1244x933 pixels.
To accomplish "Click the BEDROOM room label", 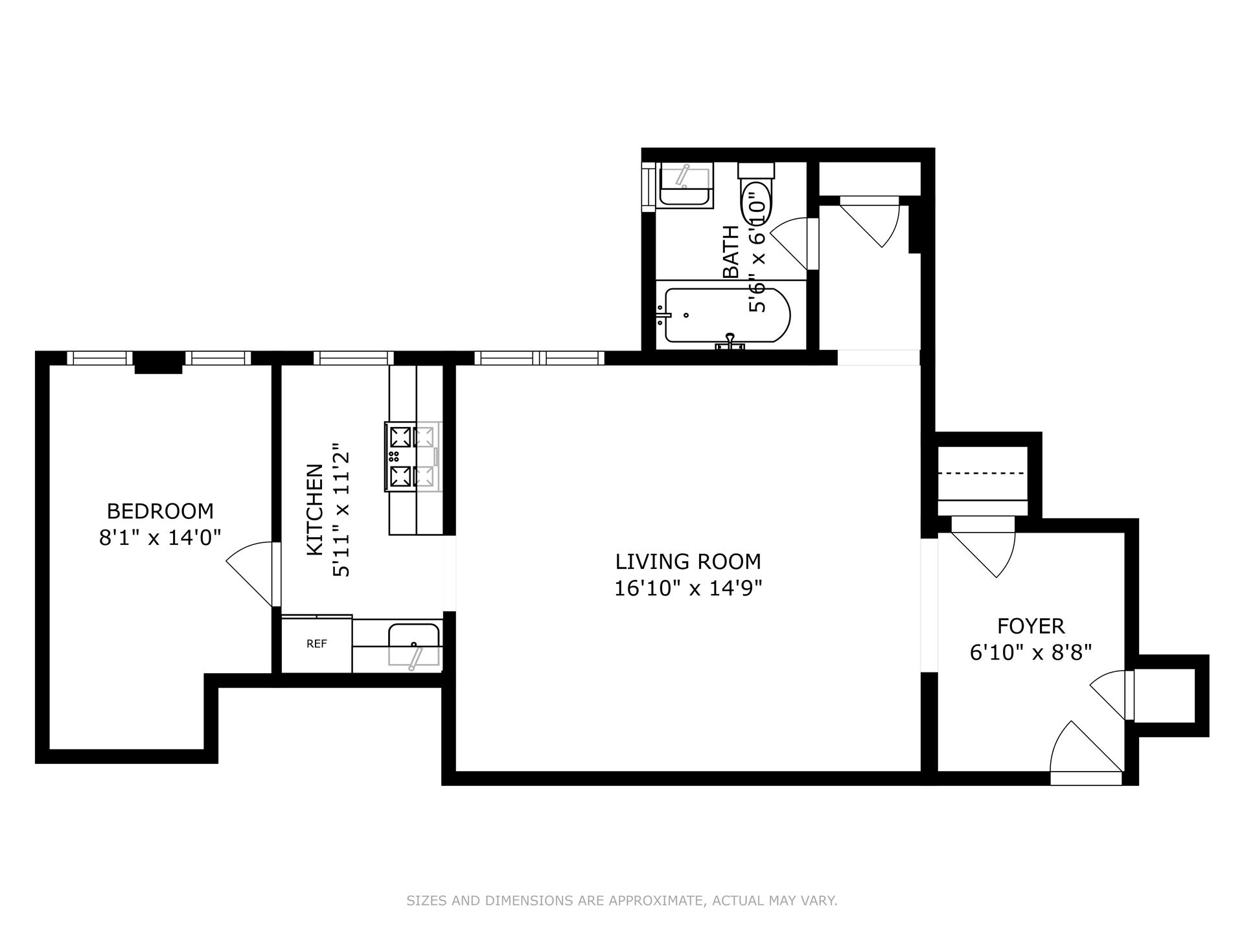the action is coord(160,511).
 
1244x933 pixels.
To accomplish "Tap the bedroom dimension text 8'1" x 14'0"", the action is coord(160,538).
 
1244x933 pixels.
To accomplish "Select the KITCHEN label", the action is coord(315,509).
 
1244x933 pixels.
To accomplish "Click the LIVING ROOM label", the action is coord(688,561).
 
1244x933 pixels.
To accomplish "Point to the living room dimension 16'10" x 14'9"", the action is coord(688,588).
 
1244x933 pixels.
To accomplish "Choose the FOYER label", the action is coord(1031,626).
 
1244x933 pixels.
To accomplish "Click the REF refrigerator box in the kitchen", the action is coord(317,644).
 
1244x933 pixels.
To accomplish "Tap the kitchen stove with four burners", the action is coord(413,456).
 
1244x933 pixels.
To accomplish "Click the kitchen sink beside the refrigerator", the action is coord(414,645).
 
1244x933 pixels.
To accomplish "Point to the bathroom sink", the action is coord(685,185).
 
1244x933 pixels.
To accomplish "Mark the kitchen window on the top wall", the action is coord(354,358).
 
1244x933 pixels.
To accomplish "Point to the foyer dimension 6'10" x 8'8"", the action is coord(1031,652).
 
